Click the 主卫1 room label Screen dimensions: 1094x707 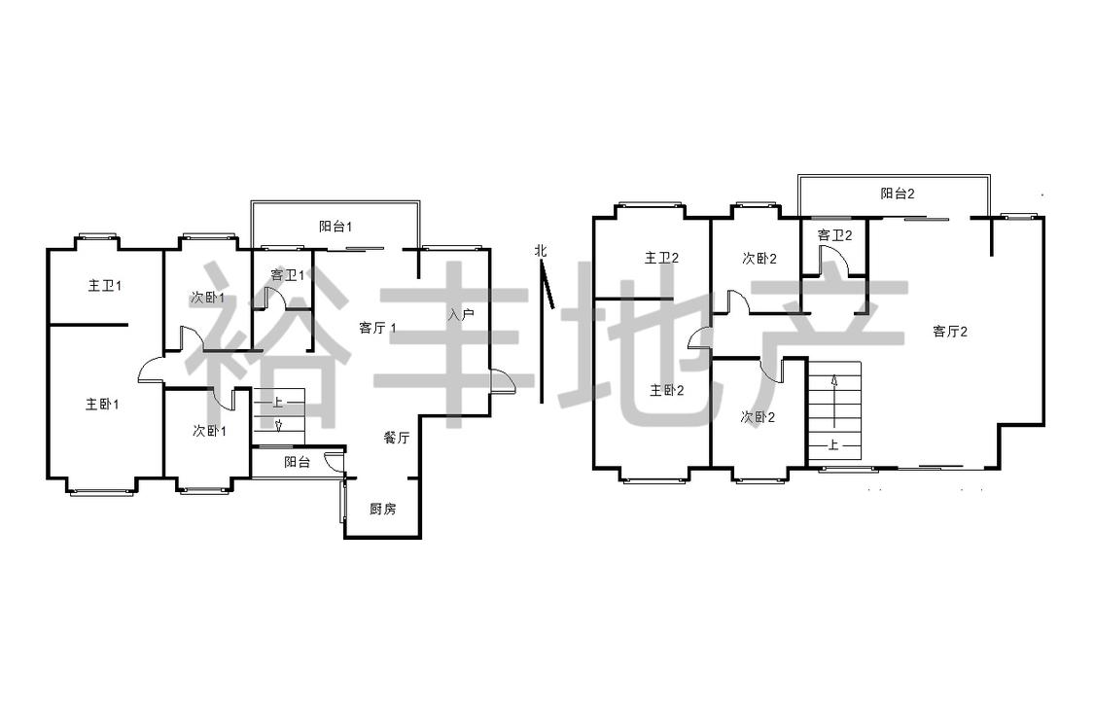(105, 286)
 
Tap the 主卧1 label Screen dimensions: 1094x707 (102, 405)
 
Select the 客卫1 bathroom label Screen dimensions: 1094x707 (287, 275)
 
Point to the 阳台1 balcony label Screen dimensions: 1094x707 (335, 227)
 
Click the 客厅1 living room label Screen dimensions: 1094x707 (377, 328)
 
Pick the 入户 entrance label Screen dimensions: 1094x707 (461, 315)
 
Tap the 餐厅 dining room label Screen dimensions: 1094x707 (397, 438)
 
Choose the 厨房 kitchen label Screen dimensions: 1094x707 (382, 509)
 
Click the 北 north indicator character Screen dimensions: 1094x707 (541, 250)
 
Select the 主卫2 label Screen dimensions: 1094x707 (661, 259)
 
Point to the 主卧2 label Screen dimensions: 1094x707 (667, 390)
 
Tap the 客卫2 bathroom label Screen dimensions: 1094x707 (834, 235)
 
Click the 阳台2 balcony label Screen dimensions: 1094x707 (898, 194)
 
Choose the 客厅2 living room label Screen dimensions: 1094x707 (950, 332)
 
